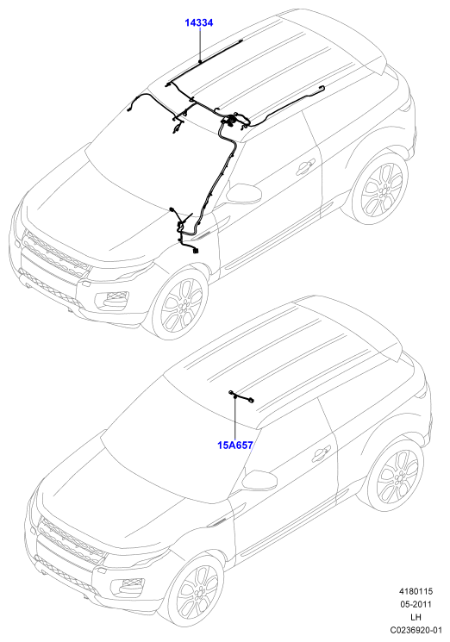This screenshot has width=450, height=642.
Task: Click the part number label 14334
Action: [198, 23]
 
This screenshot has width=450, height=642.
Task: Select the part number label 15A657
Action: [235, 445]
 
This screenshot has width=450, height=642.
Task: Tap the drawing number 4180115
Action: [416, 591]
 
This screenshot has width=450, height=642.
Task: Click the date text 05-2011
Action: [416, 604]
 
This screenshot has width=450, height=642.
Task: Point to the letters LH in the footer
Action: [416, 617]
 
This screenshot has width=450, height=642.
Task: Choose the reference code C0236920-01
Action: [416, 629]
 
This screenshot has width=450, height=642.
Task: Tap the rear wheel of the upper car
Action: [381, 190]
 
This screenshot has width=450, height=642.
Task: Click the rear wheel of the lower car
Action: [397, 476]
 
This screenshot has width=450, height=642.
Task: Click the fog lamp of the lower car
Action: [131, 586]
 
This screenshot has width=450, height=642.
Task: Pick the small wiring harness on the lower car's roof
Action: [241, 396]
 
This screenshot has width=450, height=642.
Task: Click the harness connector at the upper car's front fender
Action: [196, 251]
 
